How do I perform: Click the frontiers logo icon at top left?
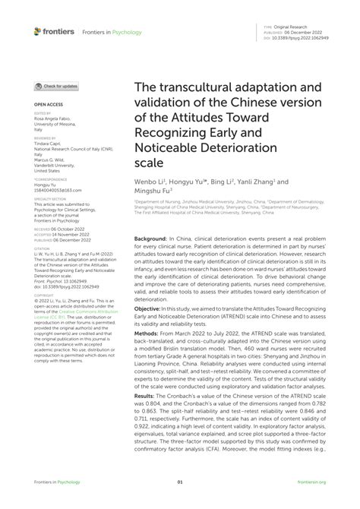click(x=38, y=31)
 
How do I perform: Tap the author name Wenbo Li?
click(x=150, y=182)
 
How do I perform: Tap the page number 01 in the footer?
click(x=180, y=482)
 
